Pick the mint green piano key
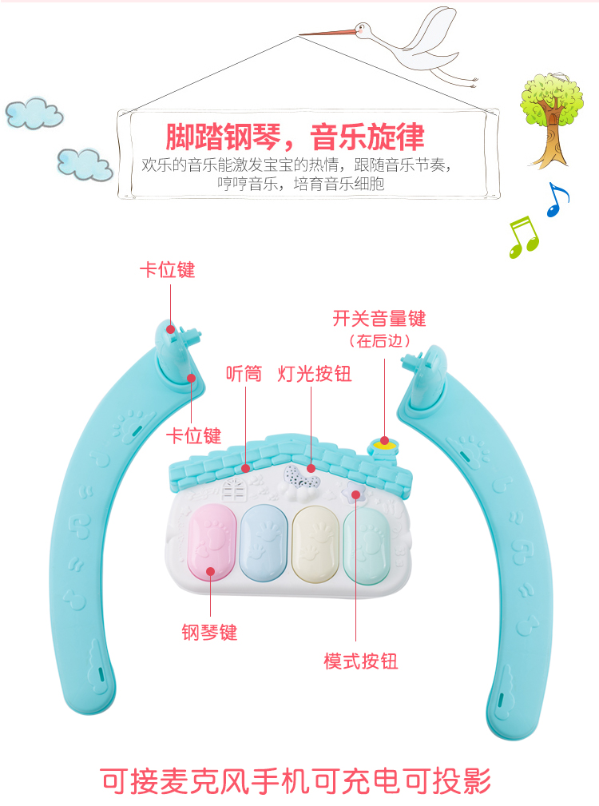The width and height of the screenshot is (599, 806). tap(367, 546)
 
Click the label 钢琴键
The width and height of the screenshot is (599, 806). tap(209, 633)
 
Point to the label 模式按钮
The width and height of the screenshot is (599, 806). tap(360, 661)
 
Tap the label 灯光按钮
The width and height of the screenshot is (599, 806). tap(315, 374)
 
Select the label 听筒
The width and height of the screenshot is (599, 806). tap(244, 374)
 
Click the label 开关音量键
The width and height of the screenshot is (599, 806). tap(379, 319)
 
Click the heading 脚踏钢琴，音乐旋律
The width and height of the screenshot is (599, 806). tap(295, 137)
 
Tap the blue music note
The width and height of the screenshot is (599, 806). tap(557, 199)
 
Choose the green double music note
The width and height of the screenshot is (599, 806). tap(524, 235)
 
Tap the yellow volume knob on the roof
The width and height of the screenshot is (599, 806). tap(384, 445)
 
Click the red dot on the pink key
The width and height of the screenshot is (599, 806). tap(211, 570)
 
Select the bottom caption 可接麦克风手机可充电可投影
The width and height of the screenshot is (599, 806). tap(295, 780)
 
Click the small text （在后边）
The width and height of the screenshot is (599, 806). tap(379, 340)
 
